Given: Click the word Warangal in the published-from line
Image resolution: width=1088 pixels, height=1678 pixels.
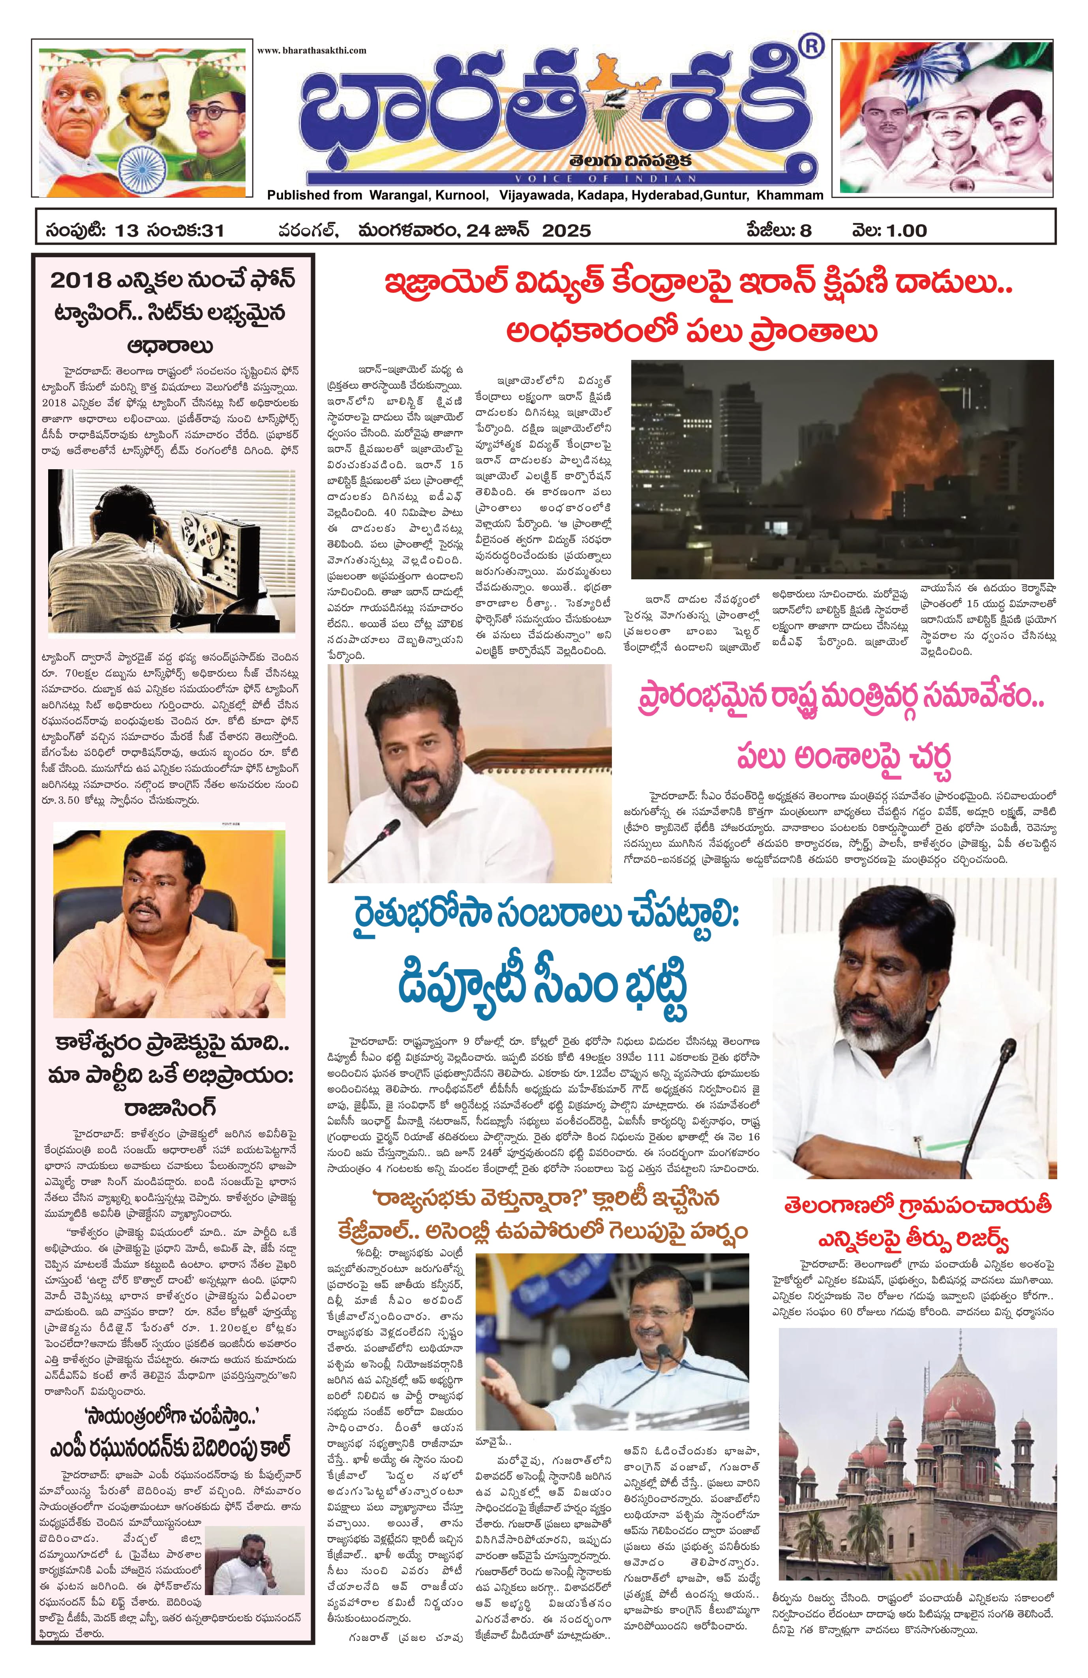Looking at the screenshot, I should point(395,195).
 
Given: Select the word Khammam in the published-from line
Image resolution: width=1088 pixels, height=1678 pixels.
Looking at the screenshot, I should point(790,195).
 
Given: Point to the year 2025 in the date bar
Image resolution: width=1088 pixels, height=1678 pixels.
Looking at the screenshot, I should point(566,230).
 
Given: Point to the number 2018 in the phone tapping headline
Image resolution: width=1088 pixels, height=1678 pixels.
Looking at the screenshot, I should point(81,281).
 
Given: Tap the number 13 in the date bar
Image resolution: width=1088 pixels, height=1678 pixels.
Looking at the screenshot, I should point(129,230).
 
